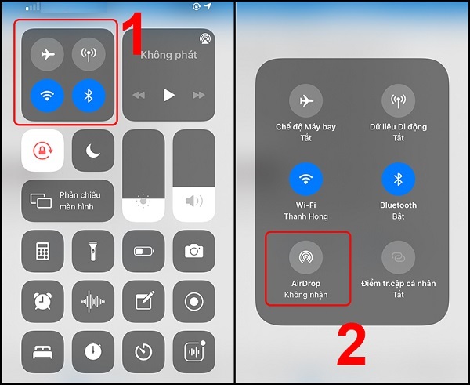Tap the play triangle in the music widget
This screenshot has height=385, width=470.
pyautogui.click(x=168, y=95)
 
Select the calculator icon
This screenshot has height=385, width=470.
pyautogui.click(x=42, y=251)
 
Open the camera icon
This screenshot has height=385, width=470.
pyautogui.click(x=193, y=251)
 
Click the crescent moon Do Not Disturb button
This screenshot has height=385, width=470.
pyautogui.click(x=93, y=151)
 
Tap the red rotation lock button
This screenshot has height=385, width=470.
pyautogui.click(x=42, y=151)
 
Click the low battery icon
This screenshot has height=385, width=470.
pyautogui.click(x=143, y=251)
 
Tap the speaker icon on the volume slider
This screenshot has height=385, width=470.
pyautogui.click(x=193, y=202)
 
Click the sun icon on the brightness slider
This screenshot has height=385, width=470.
pyautogui.click(x=143, y=202)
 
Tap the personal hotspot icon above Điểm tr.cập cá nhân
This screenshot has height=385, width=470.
pyautogui.click(x=398, y=256)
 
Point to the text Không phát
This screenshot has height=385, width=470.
pyautogui.click(x=168, y=56)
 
